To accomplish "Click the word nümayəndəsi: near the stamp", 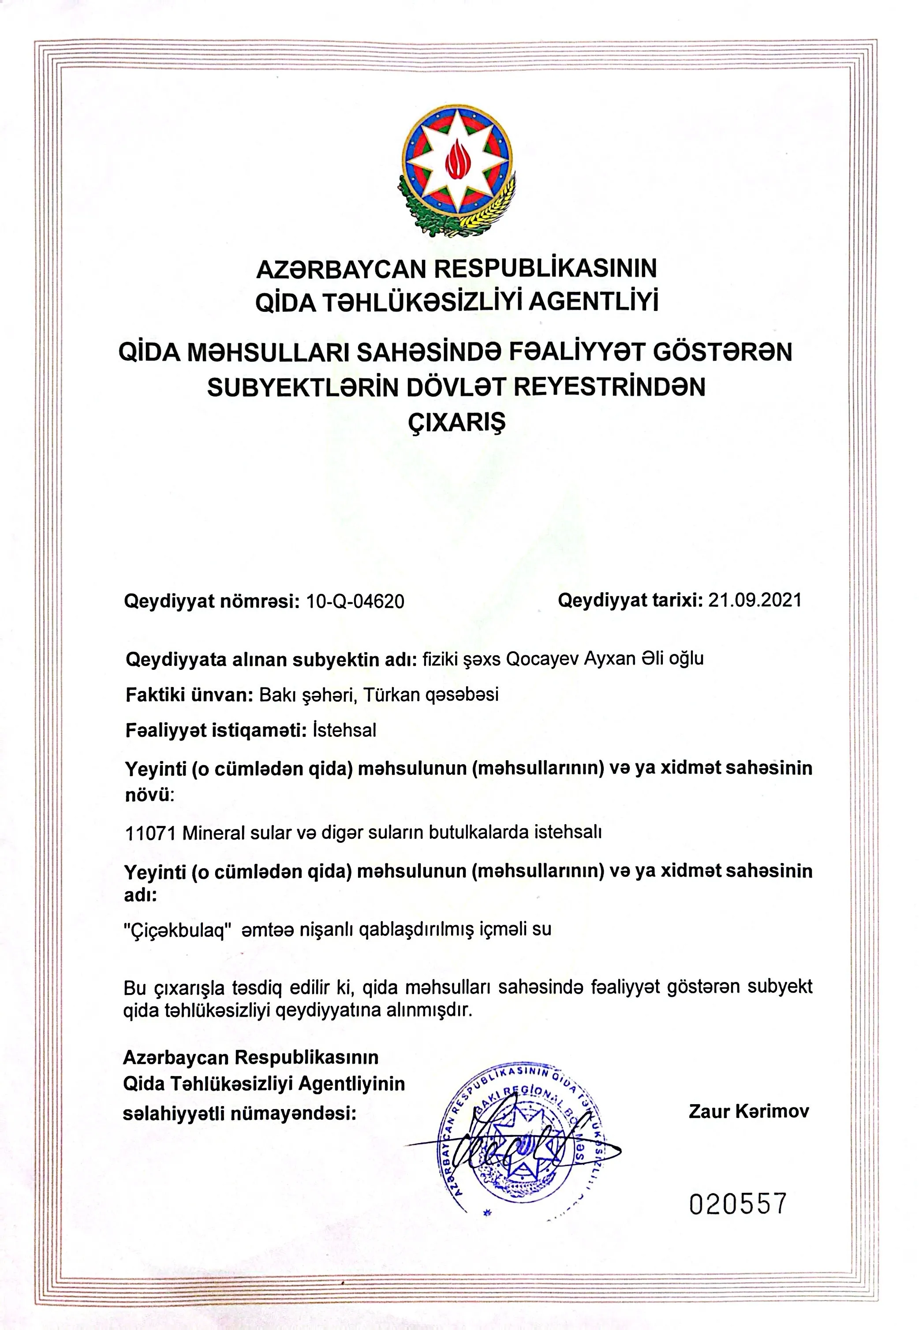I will (x=294, y=1114).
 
